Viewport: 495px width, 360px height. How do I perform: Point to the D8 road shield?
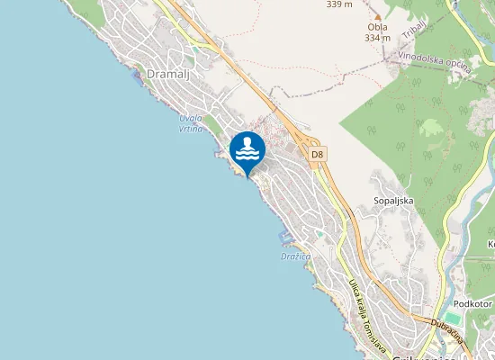[316, 155]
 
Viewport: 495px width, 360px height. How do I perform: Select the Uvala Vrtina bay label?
[190, 124]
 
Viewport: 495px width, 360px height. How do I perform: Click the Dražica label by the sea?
[295, 256]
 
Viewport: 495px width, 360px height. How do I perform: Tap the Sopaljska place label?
[393, 201]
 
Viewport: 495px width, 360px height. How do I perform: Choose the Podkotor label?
[472, 304]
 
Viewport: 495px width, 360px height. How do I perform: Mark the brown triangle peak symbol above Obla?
[377, 16]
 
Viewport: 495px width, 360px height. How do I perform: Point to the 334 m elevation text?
[377, 38]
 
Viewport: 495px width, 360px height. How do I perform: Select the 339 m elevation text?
[339, 4]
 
